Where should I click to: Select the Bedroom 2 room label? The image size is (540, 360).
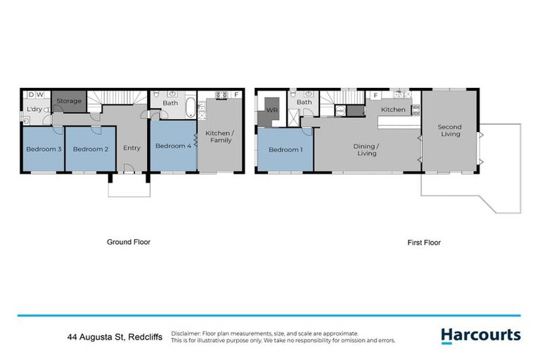tap(90, 149)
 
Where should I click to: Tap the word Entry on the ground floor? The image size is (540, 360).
tap(131, 148)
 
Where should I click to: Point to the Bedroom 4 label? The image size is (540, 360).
tap(172, 146)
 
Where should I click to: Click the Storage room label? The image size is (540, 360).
tap(69, 101)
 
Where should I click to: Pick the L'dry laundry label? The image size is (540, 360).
tap(34, 110)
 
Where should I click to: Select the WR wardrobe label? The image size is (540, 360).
tap(272, 110)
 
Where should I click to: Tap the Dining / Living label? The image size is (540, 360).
tap(366, 149)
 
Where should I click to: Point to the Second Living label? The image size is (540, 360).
tap(449, 131)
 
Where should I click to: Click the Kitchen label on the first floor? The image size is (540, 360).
tap(393, 110)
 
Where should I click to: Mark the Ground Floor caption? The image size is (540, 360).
tap(129, 242)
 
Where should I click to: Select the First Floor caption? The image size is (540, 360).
tap(424, 242)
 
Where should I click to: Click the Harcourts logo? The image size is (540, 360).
tap(481, 335)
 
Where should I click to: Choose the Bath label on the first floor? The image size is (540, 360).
tap(304, 103)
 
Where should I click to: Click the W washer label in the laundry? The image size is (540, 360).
tap(41, 94)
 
